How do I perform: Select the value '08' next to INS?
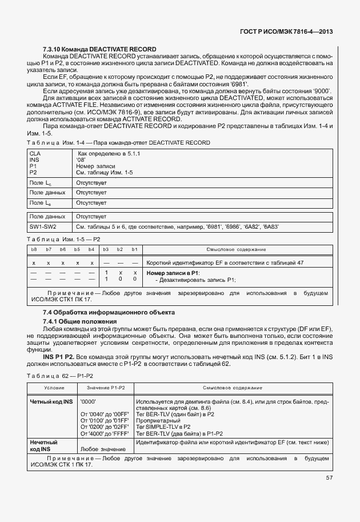(82, 160)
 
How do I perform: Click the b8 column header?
(34, 250)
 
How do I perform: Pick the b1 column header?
(134, 250)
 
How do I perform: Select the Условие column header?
(50, 388)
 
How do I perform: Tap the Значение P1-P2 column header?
(106, 388)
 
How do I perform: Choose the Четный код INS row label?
(51, 402)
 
